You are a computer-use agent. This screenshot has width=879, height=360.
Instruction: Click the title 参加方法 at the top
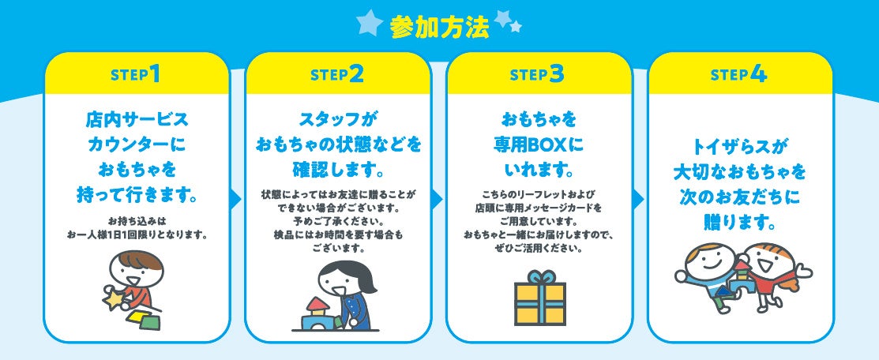439,26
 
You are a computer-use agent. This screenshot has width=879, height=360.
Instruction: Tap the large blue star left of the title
370,23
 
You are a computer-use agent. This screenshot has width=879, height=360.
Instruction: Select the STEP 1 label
137,74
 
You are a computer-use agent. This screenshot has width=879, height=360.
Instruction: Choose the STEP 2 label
337,74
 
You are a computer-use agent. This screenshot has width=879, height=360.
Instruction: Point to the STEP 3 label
538,74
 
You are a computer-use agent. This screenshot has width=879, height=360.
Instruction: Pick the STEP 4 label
739,74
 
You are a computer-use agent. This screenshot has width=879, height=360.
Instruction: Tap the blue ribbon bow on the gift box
540,277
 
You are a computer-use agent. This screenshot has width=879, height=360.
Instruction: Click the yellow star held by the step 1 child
115,300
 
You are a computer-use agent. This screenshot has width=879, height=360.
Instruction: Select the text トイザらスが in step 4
740,146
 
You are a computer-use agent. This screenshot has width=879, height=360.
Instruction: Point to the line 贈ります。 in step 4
740,222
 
